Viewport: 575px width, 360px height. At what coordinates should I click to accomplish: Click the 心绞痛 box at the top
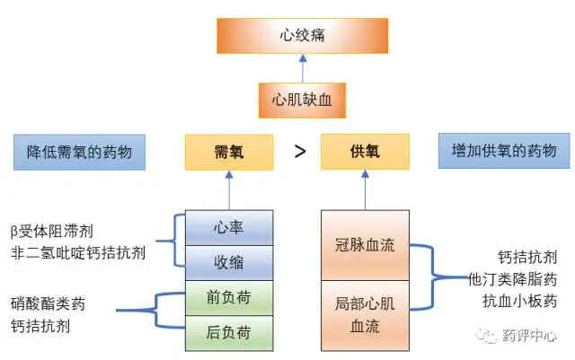[302, 36]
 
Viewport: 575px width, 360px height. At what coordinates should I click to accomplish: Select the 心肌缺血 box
[302, 101]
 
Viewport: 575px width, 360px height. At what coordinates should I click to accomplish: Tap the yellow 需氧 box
[228, 152]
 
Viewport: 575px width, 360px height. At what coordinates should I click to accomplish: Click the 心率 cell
[229, 228]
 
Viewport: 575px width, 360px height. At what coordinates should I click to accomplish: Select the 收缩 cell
[229, 263]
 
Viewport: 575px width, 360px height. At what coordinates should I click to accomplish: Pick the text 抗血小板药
[521, 300]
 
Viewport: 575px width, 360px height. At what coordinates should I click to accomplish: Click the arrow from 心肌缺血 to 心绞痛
[302, 67]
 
